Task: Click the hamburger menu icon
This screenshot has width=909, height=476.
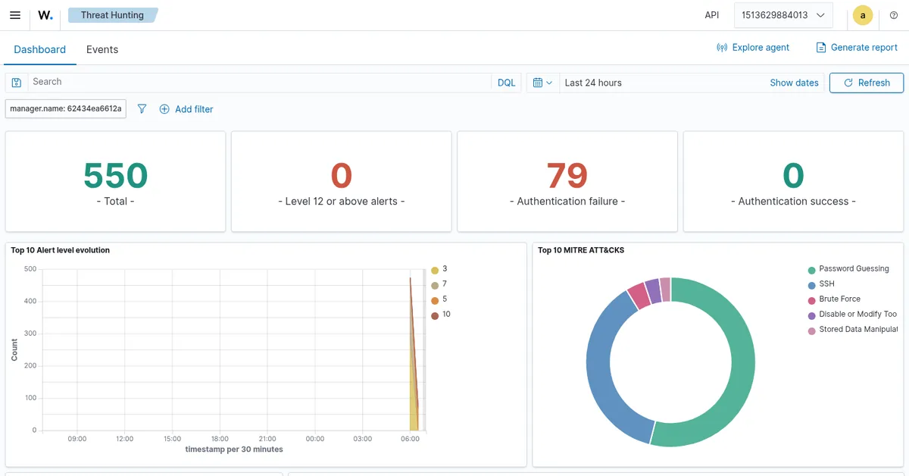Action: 15,15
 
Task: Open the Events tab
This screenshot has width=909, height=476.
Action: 102,49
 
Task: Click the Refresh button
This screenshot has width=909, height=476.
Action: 867,83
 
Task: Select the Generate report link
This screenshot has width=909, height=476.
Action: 857,48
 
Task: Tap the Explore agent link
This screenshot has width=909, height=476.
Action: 753,48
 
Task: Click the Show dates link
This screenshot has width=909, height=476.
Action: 794,83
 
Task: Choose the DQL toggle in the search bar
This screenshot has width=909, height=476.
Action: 506,83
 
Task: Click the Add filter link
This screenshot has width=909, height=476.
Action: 186,109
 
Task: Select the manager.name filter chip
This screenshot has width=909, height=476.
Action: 66,109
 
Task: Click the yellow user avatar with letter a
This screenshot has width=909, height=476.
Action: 863,15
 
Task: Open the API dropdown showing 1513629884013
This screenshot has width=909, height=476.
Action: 783,15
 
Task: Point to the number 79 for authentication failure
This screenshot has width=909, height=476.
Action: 567,175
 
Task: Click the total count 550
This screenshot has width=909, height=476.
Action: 116,175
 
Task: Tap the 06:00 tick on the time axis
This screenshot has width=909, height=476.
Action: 410,439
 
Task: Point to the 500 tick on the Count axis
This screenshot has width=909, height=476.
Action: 30,269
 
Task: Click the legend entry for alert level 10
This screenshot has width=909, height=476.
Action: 441,315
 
